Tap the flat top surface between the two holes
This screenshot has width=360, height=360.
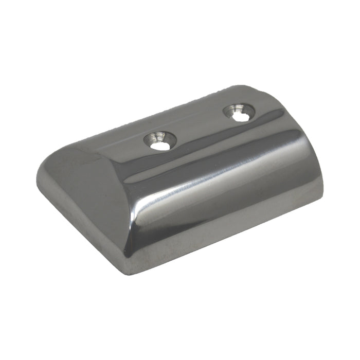tap(201, 129)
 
